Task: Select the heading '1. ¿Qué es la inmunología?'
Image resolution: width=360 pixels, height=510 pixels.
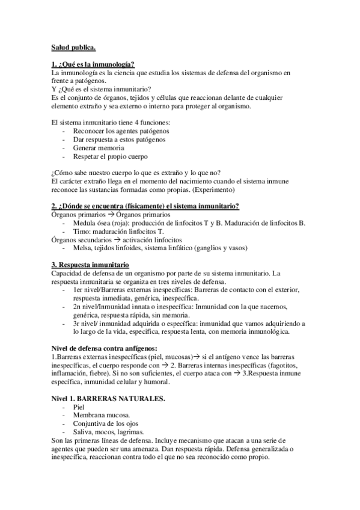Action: coord(93,64)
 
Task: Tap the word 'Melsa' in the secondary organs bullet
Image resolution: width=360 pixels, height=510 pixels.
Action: coord(82,248)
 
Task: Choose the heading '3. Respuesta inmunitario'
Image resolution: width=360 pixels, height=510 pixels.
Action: coord(91,265)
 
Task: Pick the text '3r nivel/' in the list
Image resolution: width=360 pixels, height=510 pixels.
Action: coord(86,323)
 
